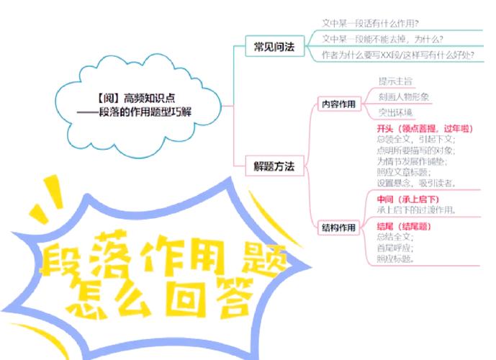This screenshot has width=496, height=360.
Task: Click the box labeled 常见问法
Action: click(x=274, y=48)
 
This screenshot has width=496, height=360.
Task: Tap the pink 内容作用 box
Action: click(x=338, y=104)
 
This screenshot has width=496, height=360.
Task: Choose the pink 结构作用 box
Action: click(x=338, y=228)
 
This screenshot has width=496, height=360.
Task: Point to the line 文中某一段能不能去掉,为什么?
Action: click(x=382, y=39)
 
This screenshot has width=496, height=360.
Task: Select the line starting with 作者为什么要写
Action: click(x=397, y=55)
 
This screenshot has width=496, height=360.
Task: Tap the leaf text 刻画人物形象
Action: click(x=404, y=96)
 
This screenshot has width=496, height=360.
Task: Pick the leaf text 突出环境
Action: click(x=395, y=112)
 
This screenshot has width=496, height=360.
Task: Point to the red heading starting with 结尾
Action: click(x=408, y=226)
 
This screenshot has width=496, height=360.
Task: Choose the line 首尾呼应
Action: click(x=395, y=248)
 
